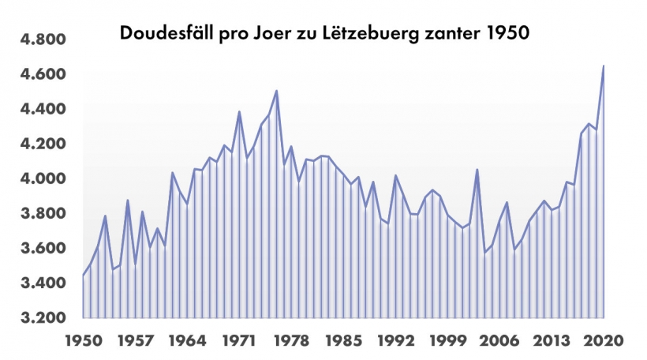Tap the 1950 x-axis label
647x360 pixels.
83,341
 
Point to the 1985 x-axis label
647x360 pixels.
342,341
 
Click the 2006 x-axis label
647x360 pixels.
498,341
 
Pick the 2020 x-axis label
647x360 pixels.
602,341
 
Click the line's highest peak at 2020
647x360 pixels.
604,66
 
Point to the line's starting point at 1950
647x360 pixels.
83,276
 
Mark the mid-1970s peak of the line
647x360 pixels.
276,91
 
